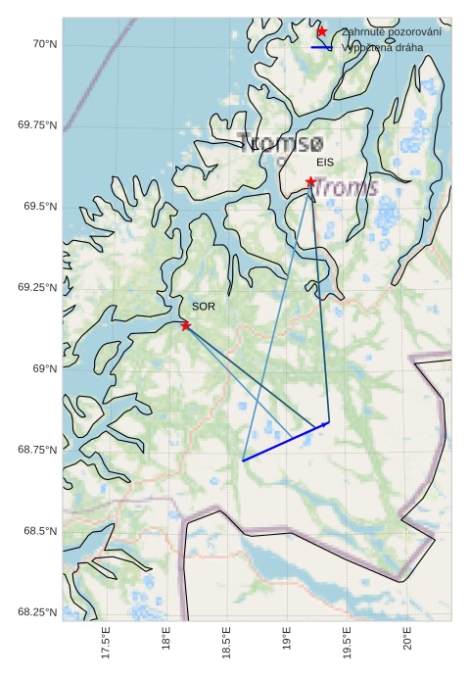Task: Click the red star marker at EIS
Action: click(310, 181)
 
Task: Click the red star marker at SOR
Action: click(185, 325)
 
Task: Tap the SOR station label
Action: click(203, 307)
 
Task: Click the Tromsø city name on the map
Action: click(280, 143)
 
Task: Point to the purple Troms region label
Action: click(345, 187)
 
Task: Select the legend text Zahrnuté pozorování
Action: click(391, 32)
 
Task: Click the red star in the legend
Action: click(321, 32)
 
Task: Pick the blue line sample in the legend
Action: click(321, 47)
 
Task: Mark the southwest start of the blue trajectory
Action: click(243, 459)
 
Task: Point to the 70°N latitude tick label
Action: click(43, 44)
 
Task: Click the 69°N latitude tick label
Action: click(43, 368)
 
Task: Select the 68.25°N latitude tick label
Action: click(37, 612)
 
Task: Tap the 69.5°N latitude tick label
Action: click(40, 207)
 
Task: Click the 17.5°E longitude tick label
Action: click(106, 647)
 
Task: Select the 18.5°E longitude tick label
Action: click(226, 647)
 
